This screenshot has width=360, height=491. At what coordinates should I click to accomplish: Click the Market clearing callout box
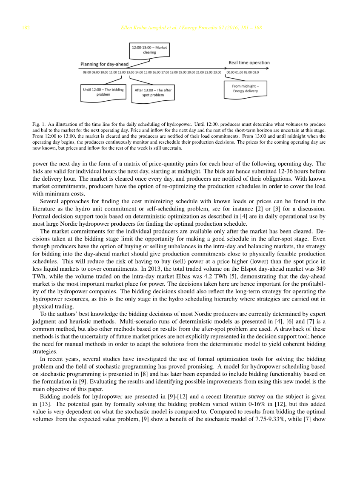(x=149, y=50)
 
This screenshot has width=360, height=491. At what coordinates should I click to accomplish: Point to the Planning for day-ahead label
(x=104, y=64)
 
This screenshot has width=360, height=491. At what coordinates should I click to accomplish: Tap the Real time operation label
(x=249, y=62)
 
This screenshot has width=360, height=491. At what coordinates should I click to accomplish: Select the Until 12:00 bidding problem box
(x=103, y=92)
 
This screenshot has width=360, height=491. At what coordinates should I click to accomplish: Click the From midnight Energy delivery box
(x=245, y=89)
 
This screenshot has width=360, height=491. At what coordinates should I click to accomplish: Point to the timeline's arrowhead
(x=267, y=68)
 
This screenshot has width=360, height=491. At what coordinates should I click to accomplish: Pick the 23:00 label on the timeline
(x=217, y=72)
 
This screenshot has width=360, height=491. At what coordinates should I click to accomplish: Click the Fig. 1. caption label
(x=39, y=124)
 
